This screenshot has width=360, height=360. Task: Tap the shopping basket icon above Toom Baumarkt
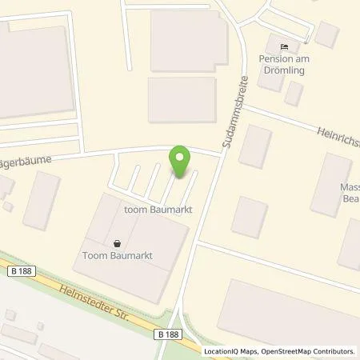(x=118, y=244)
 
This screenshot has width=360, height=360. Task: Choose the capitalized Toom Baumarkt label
(x=118, y=257)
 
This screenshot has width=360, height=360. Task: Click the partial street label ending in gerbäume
(x=26, y=160)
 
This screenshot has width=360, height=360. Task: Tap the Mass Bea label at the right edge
(x=350, y=191)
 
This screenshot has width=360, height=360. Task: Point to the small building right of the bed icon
(x=326, y=34)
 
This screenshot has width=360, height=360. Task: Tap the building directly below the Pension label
(x=294, y=94)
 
